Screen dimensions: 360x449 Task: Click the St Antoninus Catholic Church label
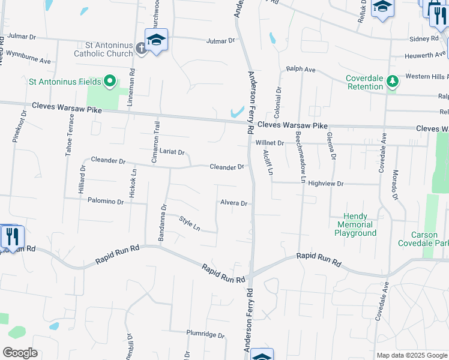(x=103, y=49)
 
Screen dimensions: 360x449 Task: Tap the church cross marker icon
(x=140, y=47)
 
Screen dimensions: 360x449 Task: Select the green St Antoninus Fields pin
(x=110, y=80)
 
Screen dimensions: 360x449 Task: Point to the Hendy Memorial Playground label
(x=355, y=224)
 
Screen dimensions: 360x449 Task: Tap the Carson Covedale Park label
(x=423, y=238)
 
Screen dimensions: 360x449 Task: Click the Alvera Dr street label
(x=234, y=203)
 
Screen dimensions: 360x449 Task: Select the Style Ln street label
(x=190, y=224)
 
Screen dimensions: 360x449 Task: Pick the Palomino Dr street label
(x=105, y=202)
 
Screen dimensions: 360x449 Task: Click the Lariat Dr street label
(x=172, y=152)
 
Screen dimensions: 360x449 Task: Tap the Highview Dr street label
(x=325, y=184)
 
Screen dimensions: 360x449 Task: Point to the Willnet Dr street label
(x=269, y=143)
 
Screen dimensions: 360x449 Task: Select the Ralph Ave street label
(x=301, y=70)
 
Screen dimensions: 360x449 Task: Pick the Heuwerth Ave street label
(x=426, y=55)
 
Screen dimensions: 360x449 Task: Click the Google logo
(x=20, y=353)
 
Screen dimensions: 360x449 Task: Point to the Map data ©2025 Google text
(x=411, y=355)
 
